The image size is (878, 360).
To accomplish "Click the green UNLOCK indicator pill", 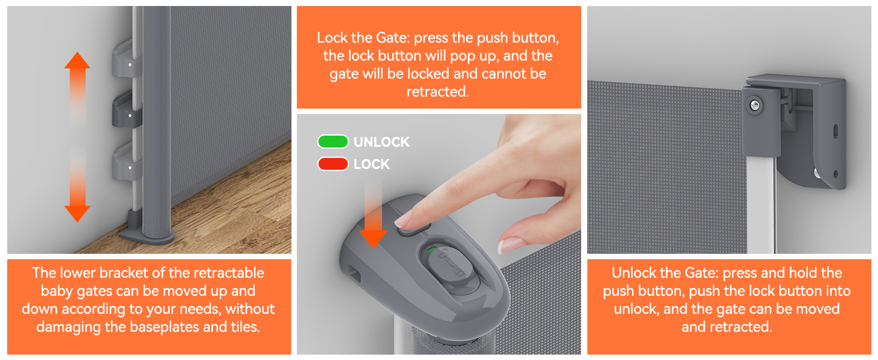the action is [x=333, y=142].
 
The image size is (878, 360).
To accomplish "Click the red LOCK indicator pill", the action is [x=333, y=164].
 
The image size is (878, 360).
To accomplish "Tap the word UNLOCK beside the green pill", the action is [x=381, y=142].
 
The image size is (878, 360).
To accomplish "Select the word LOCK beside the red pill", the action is [x=372, y=164].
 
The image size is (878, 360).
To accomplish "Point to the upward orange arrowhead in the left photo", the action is [x=77, y=61].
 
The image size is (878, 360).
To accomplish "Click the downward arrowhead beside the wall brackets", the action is [x=77, y=214].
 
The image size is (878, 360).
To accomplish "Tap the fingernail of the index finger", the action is [x=402, y=220].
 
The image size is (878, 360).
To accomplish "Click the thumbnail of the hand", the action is [x=511, y=245].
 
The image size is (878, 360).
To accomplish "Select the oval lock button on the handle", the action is [x=447, y=268].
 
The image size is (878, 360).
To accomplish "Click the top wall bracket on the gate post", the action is [x=126, y=59].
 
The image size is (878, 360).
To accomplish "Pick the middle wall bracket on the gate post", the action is [x=126, y=110].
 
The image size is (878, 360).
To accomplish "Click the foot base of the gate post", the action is [x=146, y=235].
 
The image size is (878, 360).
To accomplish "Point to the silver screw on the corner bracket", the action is [x=754, y=105].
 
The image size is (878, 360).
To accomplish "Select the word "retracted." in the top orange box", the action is [x=437, y=92].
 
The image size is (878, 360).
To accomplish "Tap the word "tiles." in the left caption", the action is [x=245, y=326].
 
